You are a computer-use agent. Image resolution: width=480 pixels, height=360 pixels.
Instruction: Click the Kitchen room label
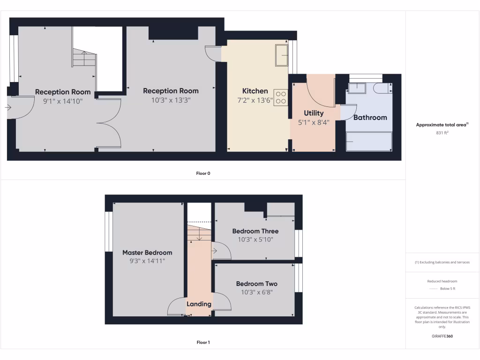pyautogui.click(x=255, y=91)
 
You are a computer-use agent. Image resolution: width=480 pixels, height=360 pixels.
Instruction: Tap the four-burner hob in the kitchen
pyautogui.click(x=281, y=97)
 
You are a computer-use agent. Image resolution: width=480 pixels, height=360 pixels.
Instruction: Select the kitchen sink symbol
pyautogui.click(x=281, y=56)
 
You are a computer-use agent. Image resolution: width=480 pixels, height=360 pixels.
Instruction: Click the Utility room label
pyautogui.click(x=314, y=113)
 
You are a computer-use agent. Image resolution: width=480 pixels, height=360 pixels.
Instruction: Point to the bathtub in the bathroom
pyautogui.click(x=369, y=141)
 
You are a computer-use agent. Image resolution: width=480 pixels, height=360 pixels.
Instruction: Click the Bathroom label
pyautogui.click(x=370, y=117)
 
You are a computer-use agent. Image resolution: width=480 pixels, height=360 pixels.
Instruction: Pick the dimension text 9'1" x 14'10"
pyautogui.click(x=63, y=100)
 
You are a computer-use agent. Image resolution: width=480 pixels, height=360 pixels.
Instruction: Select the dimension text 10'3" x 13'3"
pyautogui.click(x=171, y=100)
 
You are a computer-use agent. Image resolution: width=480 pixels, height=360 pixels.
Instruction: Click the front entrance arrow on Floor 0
pyautogui.click(x=8, y=107)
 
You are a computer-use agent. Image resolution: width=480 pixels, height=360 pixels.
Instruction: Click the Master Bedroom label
pyautogui.click(x=147, y=252)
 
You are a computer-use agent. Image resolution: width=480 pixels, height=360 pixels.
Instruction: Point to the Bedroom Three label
pyautogui.click(x=255, y=231)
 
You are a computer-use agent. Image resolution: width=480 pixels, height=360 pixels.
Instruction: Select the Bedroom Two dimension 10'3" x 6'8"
pyautogui.click(x=256, y=292)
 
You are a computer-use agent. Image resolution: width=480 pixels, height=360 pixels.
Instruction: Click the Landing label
pyautogui.click(x=199, y=304)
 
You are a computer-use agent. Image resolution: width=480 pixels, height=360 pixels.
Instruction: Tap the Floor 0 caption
pyautogui.click(x=203, y=173)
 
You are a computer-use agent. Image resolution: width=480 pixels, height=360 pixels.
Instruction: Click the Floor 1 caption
pyautogui.click(x=203, y=343)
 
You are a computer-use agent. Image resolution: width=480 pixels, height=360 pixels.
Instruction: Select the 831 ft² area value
pyautogui.click(x=442, y=133)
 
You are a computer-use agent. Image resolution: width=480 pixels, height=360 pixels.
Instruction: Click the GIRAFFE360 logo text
pyautogui.click(x=442, y=336)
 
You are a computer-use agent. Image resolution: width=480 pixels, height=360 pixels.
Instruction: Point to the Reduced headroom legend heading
pyautogui.click(x=442, y=281)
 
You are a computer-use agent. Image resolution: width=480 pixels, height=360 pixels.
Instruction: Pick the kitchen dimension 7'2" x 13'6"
pyautogui.click(x=255, y=100)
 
